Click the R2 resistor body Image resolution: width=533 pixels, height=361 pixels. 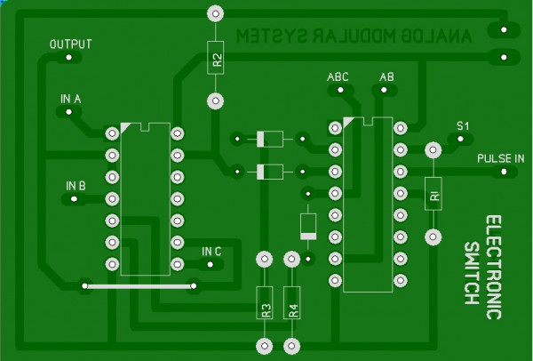(215, 58)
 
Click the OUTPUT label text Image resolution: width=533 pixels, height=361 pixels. (70, 44)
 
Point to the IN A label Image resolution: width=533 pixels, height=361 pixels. (71, 98)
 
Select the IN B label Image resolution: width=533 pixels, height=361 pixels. (76, 186)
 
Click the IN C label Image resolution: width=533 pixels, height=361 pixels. (211, 252)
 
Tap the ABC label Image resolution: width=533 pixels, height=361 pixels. (338, 77)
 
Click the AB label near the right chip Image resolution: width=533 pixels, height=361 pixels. (386, 77)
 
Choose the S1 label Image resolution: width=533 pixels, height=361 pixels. (462, 125)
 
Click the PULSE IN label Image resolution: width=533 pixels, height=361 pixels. (500, 158)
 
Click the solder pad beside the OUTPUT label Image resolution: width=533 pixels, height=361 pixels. (70, 59)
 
